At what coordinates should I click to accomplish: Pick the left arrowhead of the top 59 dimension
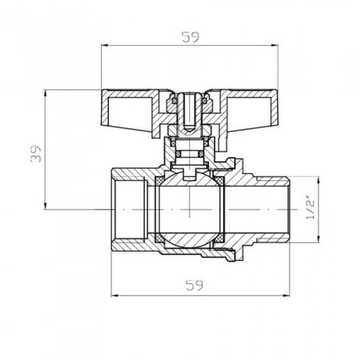click(105, 45)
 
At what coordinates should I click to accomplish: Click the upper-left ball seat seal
click(158, 179)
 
